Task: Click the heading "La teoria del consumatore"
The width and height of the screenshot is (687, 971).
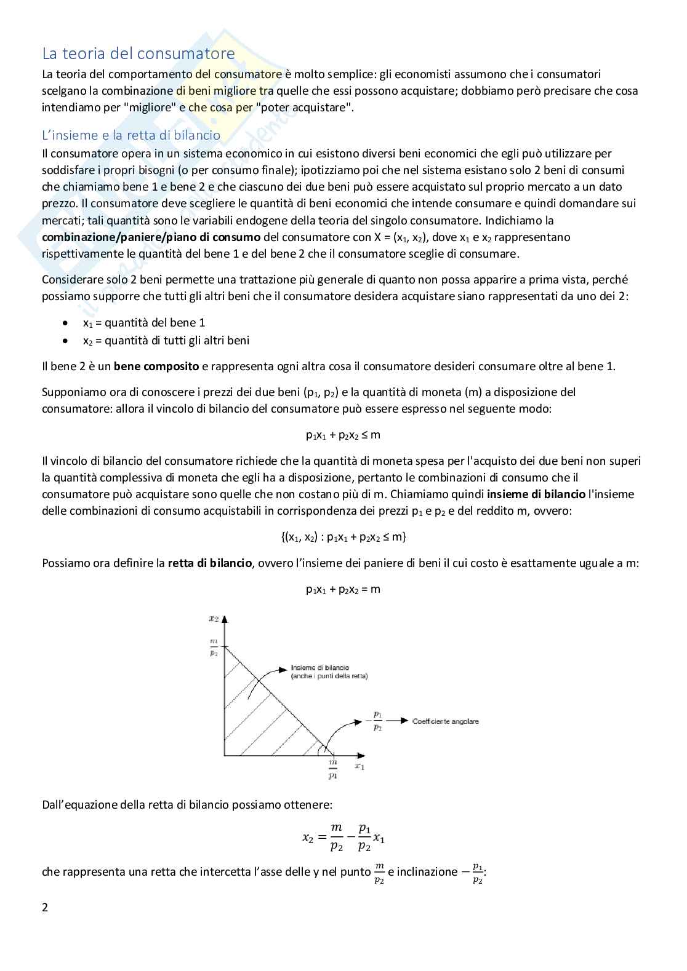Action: click(x=138, y=54)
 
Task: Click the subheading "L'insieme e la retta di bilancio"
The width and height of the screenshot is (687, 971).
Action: click(x=131, y=135)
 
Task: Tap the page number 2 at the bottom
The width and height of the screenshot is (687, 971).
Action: click(x=45, y=908)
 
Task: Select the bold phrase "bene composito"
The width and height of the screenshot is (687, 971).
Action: click(x=156, y=367)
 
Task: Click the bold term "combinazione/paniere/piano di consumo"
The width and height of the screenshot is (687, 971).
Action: click(x=151, y=237)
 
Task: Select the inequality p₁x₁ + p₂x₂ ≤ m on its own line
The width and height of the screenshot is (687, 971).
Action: click(x=343, y=435)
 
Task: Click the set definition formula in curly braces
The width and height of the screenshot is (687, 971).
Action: click(x=343, y=537)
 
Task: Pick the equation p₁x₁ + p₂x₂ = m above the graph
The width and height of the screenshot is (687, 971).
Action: click(x=343, y=589)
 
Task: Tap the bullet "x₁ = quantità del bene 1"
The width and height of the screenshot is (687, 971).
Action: click(x=144, y=323)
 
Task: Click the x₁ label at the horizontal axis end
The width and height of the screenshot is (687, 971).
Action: click(x=360, y=766)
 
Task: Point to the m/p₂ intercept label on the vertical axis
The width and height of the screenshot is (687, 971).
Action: click(x=214, y=648)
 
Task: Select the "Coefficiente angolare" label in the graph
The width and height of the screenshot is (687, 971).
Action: click(x=445, y=721)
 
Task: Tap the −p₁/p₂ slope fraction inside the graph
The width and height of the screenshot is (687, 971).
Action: click(x=377, y=721)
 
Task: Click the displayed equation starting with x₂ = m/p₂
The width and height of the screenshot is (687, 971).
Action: click(x=343, y=838)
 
